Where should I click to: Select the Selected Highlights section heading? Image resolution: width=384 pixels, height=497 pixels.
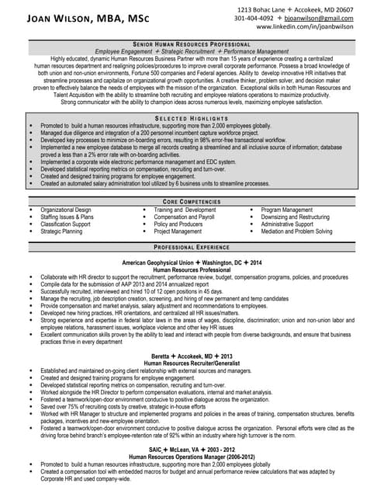[192, 117]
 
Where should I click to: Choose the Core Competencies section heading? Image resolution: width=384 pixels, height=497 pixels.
[192, 200]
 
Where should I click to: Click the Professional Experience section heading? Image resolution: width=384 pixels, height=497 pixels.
[192, 246]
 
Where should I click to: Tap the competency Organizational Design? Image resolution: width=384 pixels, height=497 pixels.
[66, 210]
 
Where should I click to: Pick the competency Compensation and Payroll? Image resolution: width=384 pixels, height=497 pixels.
[185, 217]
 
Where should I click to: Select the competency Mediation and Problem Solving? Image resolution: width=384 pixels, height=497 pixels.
[296, 231]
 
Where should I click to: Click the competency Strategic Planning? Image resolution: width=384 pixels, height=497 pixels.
[61, 231]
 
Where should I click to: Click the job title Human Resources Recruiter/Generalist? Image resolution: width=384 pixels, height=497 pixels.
[192, 363]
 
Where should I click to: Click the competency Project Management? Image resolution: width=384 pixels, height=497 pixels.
[178, 231]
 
